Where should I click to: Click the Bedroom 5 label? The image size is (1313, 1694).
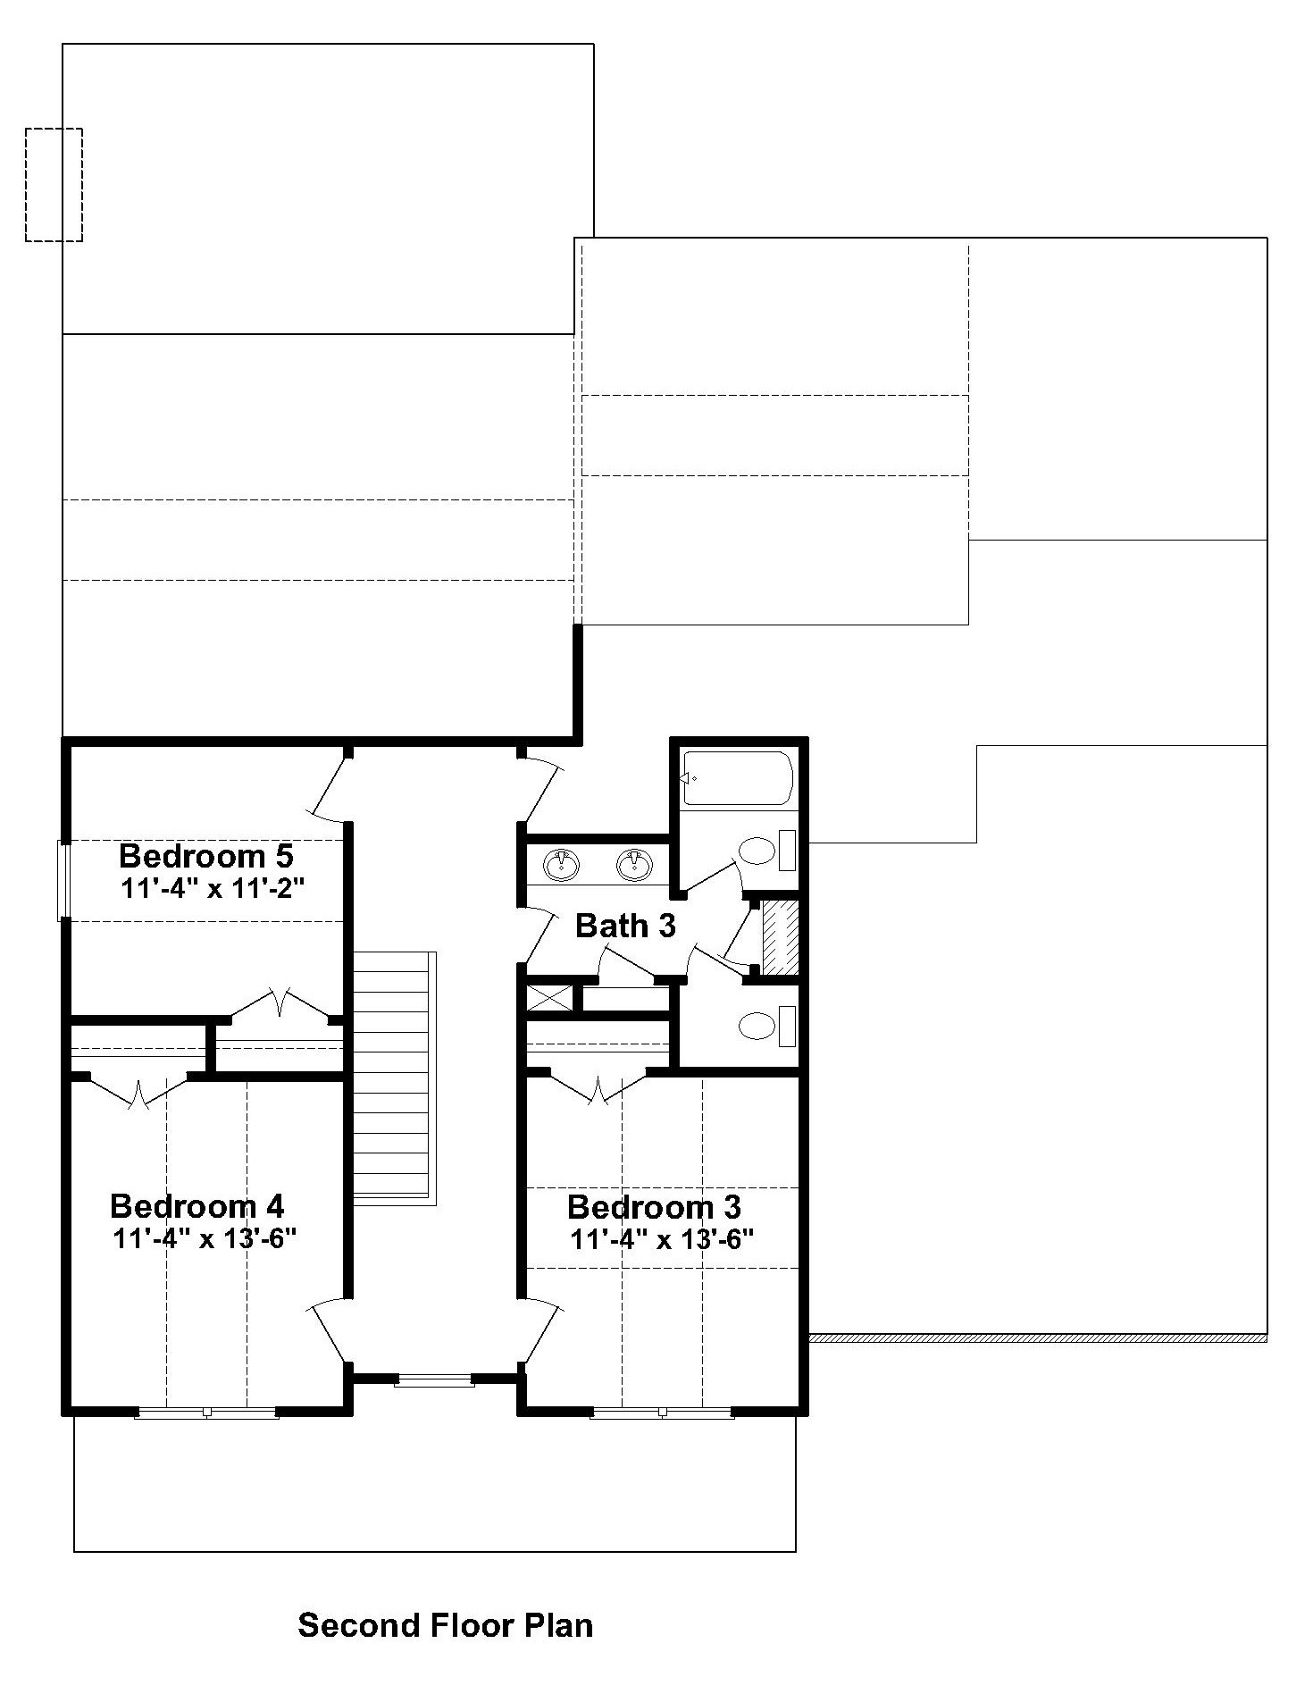(x=205, y=856)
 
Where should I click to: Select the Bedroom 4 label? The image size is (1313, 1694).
(x=197, y=1206)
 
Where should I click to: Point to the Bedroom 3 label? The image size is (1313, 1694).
(x=654, y=1207)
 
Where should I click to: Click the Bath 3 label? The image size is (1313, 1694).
(x=625, y=926)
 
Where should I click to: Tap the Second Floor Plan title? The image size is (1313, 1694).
(x=445, y=1624)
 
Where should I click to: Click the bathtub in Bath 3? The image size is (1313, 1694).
(x=738, y=778)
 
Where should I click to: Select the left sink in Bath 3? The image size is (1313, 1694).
(x=561, y=864)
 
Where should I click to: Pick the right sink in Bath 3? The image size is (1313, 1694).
(x=634, y=864)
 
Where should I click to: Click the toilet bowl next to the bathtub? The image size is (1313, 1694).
(x=758, y=851)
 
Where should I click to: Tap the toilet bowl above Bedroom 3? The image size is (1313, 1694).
(x=757, y=1027)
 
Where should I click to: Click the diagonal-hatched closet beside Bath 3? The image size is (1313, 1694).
(x=780, y=937)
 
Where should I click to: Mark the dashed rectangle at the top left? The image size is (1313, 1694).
(x=54, y=184)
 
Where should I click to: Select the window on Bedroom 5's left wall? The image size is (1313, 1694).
(x=63, y=880)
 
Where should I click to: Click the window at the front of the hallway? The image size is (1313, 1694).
(x=435, y=1380)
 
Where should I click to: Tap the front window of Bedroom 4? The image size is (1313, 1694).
(x=206, y=1413)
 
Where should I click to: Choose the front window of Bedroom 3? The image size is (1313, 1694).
(x=662, y=1413)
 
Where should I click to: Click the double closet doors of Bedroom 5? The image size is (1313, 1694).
(x=280, y=1003)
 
